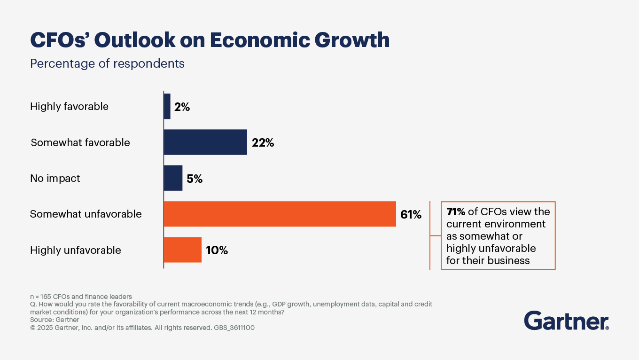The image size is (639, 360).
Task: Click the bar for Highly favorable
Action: [x=167, y=106]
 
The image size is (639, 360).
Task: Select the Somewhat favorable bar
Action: [x=205, y=142]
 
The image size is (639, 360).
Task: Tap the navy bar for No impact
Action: [x=173, y=178]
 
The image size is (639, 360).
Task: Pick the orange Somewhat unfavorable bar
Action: [x=280, y=214]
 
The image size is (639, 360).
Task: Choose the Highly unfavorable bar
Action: [x=182, y=250]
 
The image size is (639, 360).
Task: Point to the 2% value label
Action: [x=182, y=107]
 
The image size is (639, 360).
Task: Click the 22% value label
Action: [x=263, y=143]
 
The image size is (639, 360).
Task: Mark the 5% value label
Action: [x=195, y=179]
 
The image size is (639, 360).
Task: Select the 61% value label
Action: [x=411, y=215]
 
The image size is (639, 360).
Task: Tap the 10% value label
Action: [x=217, y=250]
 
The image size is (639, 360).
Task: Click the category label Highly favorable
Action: [x=69, y=107]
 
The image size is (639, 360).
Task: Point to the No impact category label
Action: [x=55, y=179]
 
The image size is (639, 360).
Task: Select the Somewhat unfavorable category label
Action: [x=86, y=214]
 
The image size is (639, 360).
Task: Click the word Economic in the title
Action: [x=259, y=40]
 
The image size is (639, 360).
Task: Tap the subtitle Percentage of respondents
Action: [x=107, y=63]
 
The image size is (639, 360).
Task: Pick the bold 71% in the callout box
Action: [x=455, y=212]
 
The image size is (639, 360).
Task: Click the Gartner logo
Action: [x=566, y=321]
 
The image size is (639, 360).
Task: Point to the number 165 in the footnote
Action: [x=46, y=297]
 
